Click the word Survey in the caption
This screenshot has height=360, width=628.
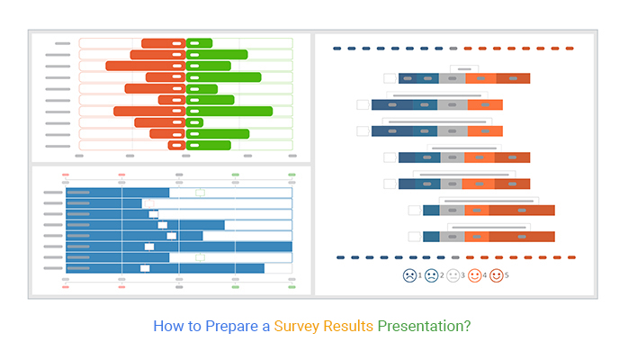[296, 327]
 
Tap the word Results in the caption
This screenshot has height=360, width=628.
[348, 326]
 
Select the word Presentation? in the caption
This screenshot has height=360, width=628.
[424, 326]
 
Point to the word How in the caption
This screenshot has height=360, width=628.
[168, 326]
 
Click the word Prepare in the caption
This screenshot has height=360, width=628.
[232, 327]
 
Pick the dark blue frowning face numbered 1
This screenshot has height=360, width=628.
[409, 275]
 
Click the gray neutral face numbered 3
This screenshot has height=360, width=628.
[453, 275]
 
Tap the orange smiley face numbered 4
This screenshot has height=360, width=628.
[475, 275]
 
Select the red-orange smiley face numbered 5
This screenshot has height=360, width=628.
[497, 275]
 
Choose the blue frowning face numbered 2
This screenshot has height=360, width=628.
[431, 275]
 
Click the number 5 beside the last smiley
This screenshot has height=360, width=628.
[507, 275]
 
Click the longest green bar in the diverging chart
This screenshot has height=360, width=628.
[229, 112]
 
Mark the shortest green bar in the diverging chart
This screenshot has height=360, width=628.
[194, 122]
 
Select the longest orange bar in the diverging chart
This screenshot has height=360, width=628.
[146, 66]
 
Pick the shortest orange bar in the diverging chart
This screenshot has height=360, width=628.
[176, 146]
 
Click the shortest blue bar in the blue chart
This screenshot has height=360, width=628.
[103, 203]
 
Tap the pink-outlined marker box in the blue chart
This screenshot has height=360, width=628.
[149, 203]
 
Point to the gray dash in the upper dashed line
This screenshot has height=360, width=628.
[453, 49]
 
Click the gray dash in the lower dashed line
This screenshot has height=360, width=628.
[455, 257]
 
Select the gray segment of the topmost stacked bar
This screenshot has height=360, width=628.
[453, 78]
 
